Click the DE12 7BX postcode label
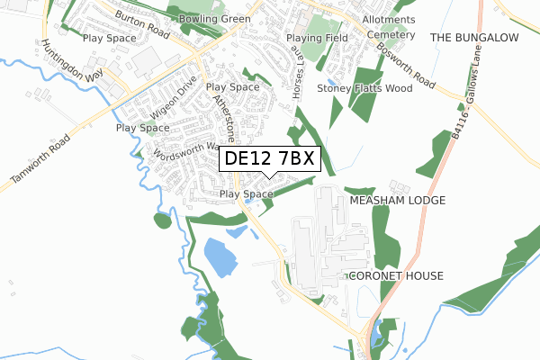267,159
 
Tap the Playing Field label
317,39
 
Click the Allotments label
389,19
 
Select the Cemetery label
391,35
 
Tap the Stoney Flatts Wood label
364,88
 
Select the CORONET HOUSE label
396,274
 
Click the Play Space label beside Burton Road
109,39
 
